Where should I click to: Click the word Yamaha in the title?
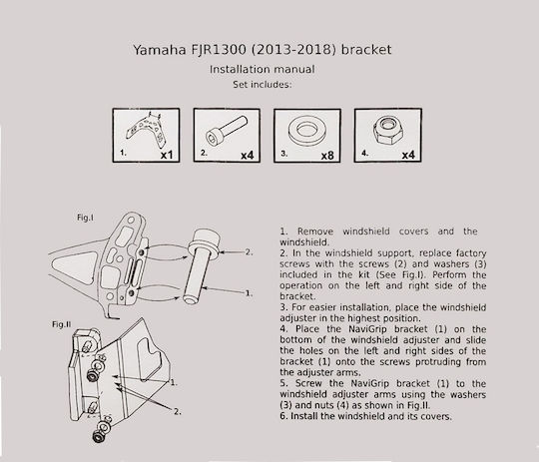[160, 50]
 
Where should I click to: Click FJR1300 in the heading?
[219, 50]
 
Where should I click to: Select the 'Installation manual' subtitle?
[262, 69]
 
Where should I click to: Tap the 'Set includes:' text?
[262, 85]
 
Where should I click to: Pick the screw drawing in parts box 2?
[227, 131]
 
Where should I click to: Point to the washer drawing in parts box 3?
[307, 131]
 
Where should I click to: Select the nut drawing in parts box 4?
[387, 131]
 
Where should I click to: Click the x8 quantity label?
[327, 156]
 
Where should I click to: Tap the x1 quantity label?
[167, 155]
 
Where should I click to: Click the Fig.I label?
[85, 218]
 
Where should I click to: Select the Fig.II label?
[62, 324]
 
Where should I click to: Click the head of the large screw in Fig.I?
[205, 243]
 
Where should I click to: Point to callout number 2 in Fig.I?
[249, 252]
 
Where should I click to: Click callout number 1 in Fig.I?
[249, 293]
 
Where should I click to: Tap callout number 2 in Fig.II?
[178, 411]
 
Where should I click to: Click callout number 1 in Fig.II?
[174, 382]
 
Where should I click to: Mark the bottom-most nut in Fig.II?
[98, 437]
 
